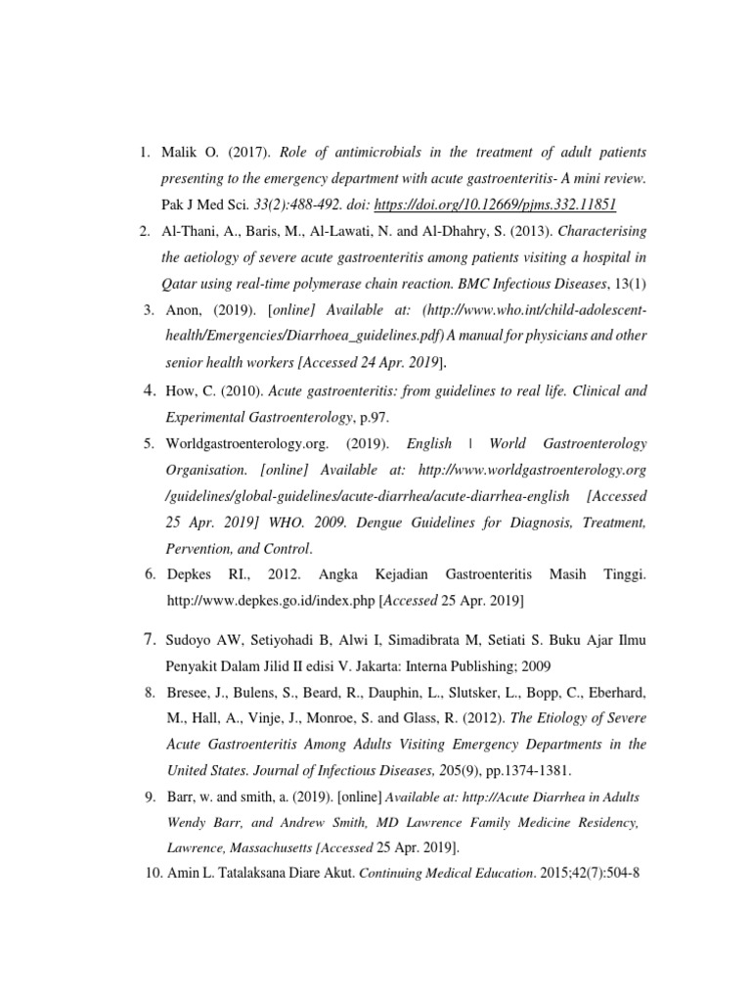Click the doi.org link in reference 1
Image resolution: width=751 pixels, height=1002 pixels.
505,205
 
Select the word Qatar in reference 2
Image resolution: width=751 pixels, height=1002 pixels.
181,284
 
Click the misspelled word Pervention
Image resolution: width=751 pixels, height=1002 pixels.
199,549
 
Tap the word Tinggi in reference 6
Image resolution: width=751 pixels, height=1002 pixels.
622,570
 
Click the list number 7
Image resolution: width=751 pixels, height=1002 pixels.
151,641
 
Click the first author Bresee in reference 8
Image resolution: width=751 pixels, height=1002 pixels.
187,693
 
